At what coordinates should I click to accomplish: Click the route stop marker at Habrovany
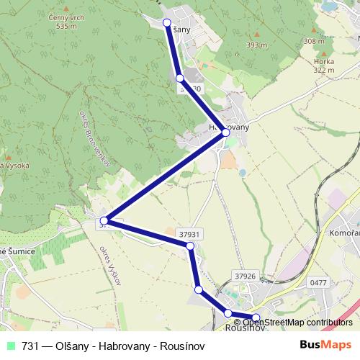pyautogui.click(x=225, y=132)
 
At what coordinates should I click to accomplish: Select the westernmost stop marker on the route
pyautogui.click(x=104, y=220)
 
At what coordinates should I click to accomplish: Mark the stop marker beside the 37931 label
pyautogui.click(x=190, y=246)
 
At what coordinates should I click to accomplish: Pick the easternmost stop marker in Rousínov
pyautogui.click(x=256, y=318)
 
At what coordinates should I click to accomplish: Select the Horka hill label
pyautogui.click(x=323, y=62)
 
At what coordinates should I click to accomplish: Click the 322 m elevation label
pyautogui.click(x=324, y=70)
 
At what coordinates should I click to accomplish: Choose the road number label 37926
pyautogui.click(x=245, y=275)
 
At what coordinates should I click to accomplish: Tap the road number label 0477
pyautogui.click(x=318, y=283)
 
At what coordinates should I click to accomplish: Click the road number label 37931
pyautogui.click(x=189, y=234)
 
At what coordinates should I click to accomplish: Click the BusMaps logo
pyautogui.click(x=327, y=345)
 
